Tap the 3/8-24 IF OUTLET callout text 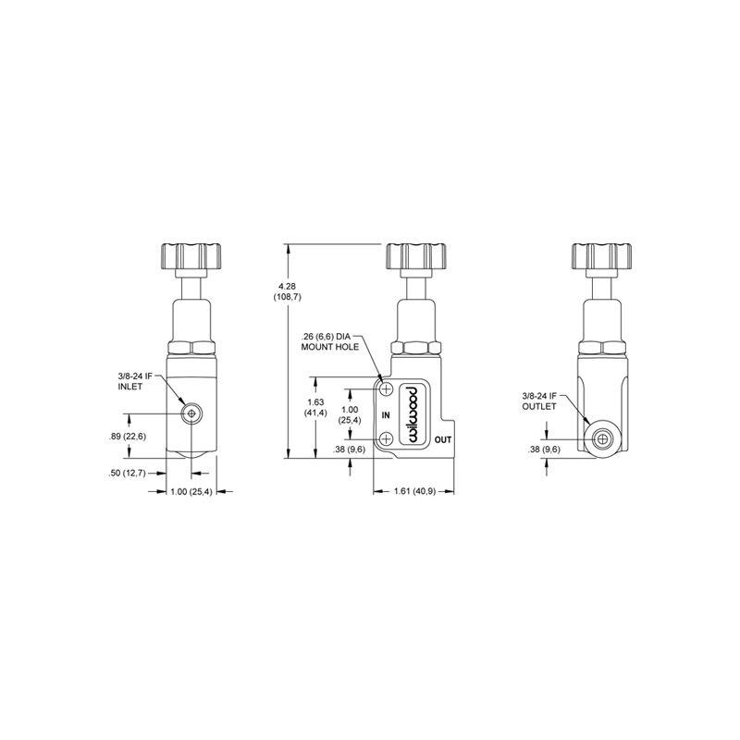[x=540, y=401]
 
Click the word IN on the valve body [x=387, y=413]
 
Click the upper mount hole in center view [x=388, y=388]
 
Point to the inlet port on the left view [x=191, y=412]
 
